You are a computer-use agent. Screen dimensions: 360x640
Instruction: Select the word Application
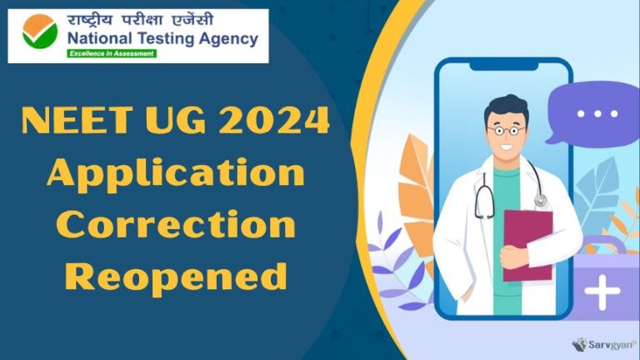(x=176, y=174)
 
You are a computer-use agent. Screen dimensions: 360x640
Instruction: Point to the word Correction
(x=176, y=223)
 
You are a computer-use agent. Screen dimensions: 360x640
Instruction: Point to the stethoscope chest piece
(x=540, y=200)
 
